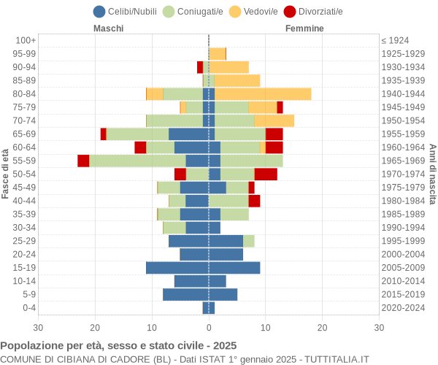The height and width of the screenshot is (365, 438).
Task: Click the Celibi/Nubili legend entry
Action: [127, 11]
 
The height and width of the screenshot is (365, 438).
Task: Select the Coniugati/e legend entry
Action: [193, 11]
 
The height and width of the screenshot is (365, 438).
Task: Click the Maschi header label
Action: [108, 28]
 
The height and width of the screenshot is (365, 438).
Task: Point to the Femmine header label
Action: [304, 28]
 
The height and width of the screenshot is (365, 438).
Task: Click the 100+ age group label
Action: [26, 40]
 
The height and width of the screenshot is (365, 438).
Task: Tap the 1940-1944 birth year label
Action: [403, 94]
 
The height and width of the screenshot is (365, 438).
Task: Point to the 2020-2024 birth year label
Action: [403, 308]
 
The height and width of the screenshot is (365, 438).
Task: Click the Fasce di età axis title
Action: [6, 174]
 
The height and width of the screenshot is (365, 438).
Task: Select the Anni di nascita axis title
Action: [431, 174]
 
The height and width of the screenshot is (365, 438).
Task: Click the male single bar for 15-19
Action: [177, 268]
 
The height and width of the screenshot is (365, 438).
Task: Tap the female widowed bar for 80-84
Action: [263, 94]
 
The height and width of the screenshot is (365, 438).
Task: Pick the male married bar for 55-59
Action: [137, 161]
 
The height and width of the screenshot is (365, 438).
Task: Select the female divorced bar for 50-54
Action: [266, 174]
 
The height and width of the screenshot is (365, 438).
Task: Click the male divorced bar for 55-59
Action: [83, 161]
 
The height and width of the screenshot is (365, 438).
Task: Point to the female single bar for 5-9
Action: [223, 295]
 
